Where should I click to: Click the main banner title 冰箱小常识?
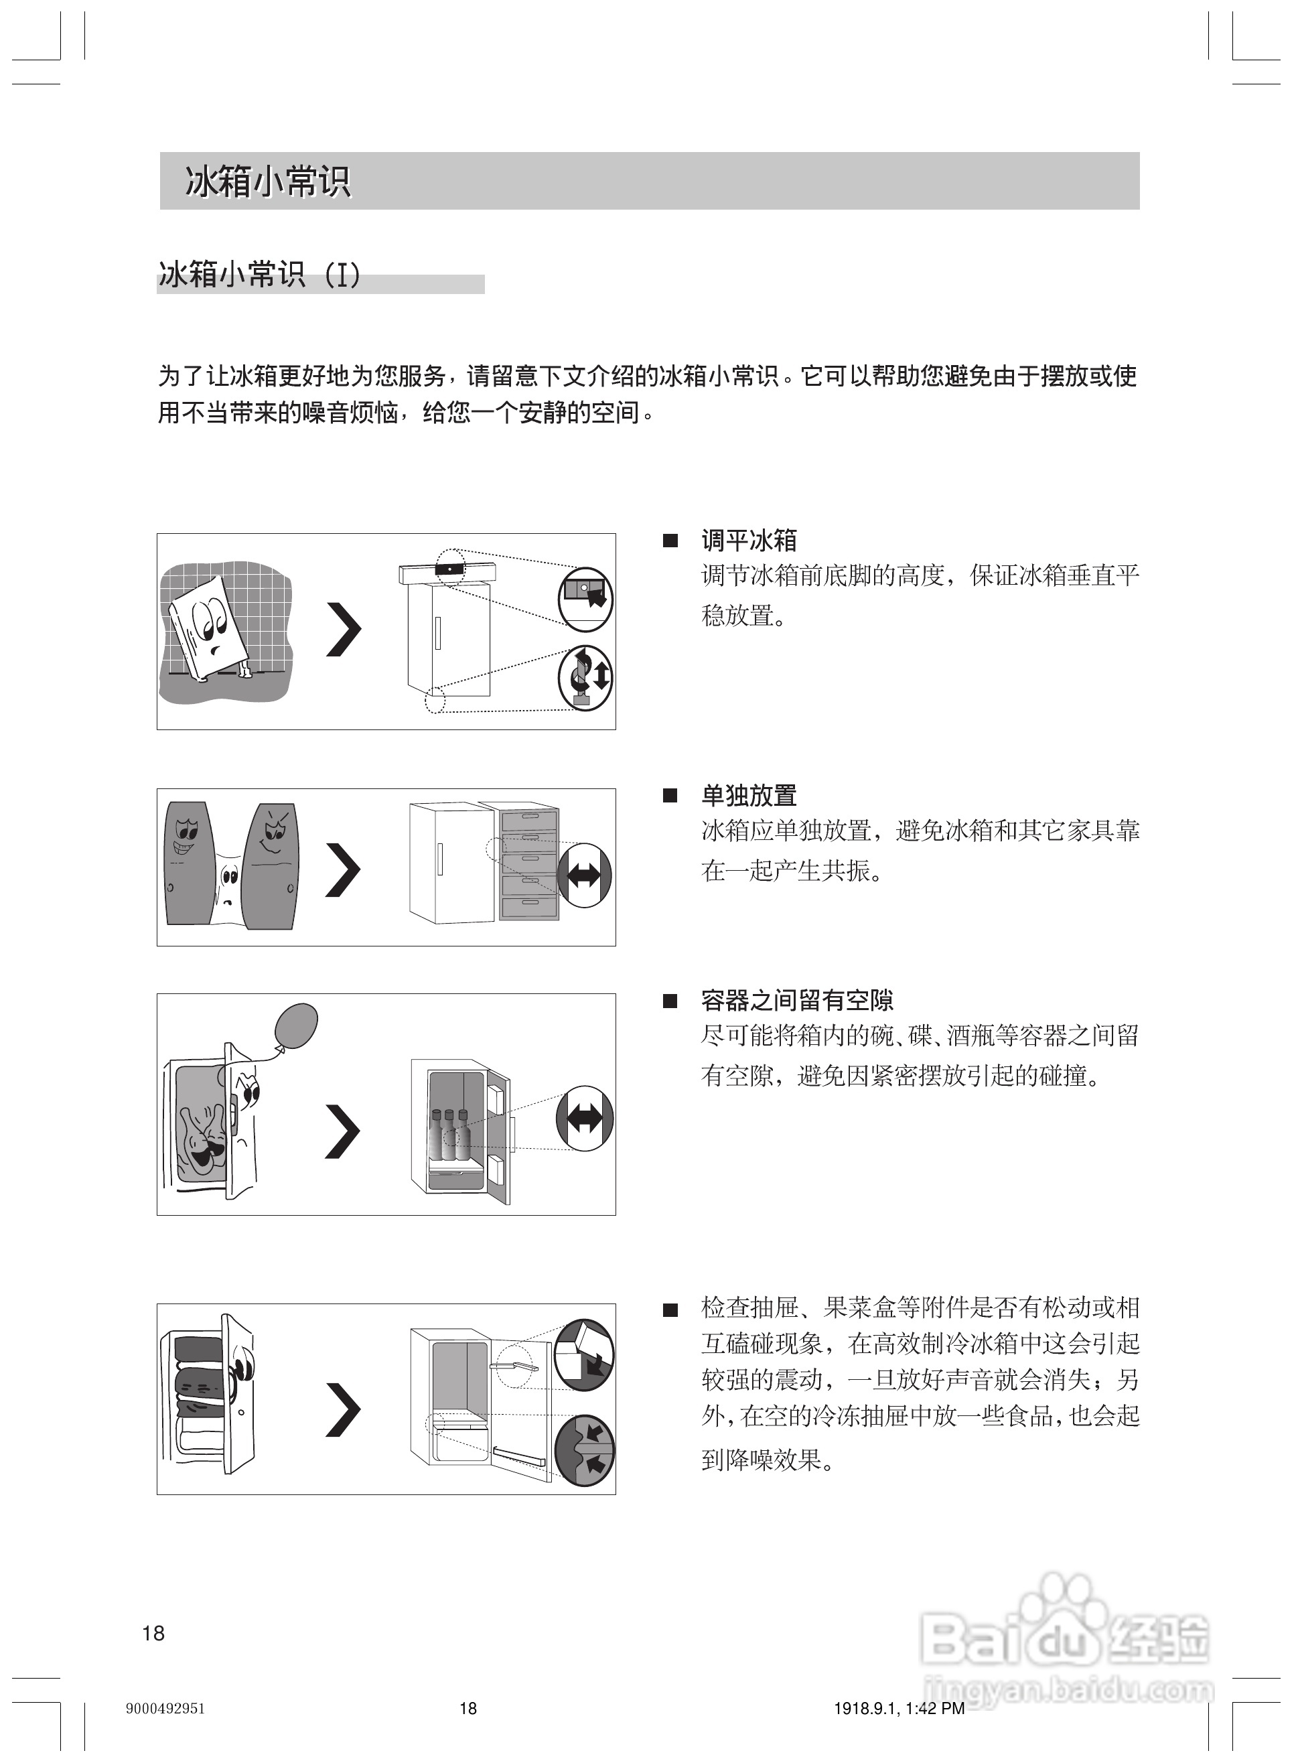267,182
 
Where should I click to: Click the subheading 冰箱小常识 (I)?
259,276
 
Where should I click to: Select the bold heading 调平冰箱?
748,541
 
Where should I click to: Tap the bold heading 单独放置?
748,796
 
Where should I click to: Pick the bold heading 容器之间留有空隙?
796,1000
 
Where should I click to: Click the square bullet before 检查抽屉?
670,1310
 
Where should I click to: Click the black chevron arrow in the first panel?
343,630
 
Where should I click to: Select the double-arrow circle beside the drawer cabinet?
583,875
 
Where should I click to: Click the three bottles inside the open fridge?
449,1134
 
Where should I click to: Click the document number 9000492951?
165,1708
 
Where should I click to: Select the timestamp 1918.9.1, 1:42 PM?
898,1708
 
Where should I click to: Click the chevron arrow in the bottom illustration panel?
343,1410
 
